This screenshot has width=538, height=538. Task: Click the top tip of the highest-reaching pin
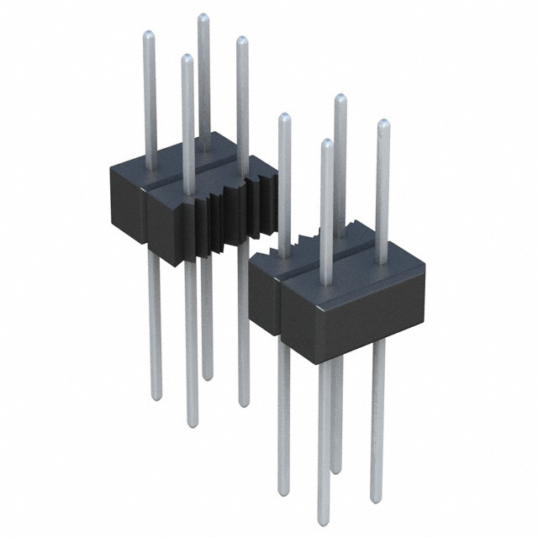pyautogui.click(x=203, y=17)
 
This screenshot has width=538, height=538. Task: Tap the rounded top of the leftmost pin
pyautogui.click(x=148, y=35)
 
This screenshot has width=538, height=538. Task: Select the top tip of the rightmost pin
pyautogui.click(x=383, y=124)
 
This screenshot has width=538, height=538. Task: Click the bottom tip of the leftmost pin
pyautogui.click(x=156, y=395)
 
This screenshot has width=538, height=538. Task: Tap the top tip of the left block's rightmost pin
pyautogui.click(x=242, y=40)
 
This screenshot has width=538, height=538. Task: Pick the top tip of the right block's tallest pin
pyautogui.click(x=339, y=98)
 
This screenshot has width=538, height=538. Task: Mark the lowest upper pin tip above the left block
pyautogui.click(x=187, y=58)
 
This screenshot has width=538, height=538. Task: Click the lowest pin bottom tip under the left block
pyautogui.click(x=193, y=424)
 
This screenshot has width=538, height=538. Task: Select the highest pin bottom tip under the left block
pyautogui.click(x=207, y=377)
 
